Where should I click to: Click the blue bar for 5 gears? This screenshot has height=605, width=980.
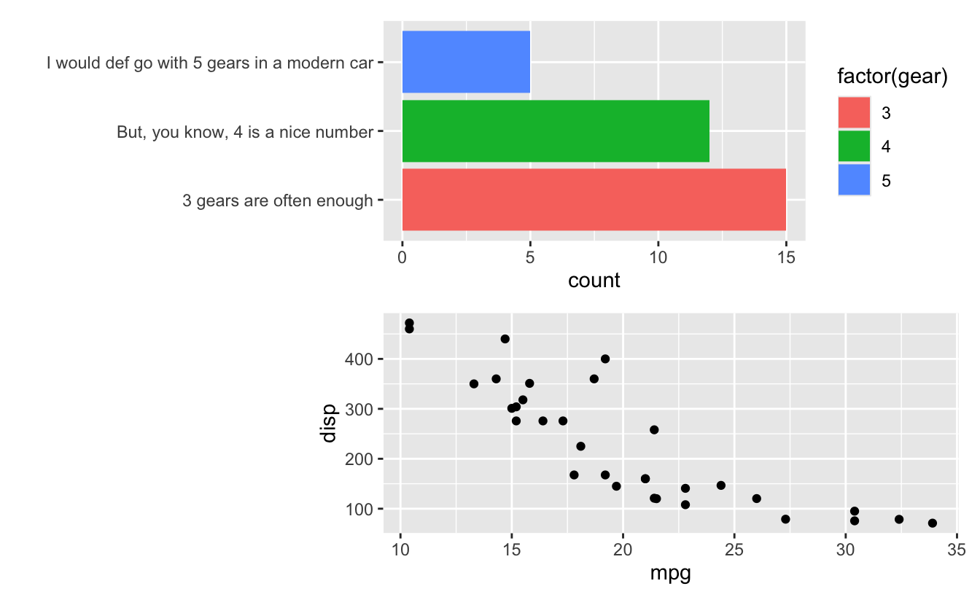(466, 62)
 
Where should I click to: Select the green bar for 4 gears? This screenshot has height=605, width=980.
(556, 131)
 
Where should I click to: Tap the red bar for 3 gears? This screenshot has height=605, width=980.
(594, 200)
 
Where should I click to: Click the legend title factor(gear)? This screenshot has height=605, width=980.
(892, 77)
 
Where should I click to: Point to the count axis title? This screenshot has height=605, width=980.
(594, 281)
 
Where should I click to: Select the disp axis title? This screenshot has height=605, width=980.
(329, 423)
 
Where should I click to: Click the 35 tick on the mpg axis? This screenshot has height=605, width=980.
(957, 549)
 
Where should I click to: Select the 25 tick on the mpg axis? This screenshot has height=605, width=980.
(734, 549)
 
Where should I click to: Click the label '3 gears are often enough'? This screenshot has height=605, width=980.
(277, 200)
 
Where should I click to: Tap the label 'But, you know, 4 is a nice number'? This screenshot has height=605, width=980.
(244, 133)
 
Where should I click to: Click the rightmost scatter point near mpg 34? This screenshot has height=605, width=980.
(932, 523)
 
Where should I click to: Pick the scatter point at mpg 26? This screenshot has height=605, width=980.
(756, 499)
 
